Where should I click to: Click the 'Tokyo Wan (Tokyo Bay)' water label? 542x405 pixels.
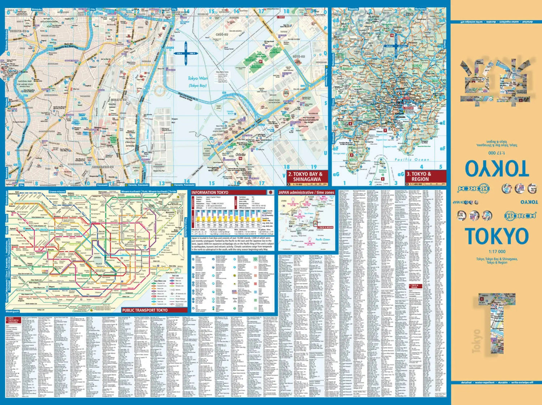coord(198,81)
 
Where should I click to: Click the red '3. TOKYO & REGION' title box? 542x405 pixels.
coord(420,176)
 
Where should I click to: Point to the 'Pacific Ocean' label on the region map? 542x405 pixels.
coord(412,159)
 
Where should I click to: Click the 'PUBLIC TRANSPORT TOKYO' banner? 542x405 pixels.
coord(145,310)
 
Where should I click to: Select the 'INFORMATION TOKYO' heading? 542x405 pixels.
coord(210,192)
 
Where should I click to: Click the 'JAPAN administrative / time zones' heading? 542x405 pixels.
coord(306,192)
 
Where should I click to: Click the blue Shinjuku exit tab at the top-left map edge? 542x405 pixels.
coord(36,9)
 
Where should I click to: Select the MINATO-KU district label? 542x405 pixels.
coord(119,99)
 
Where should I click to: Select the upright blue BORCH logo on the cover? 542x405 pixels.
coord(520,215)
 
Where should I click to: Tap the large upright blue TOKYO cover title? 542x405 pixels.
coord(497,236)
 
